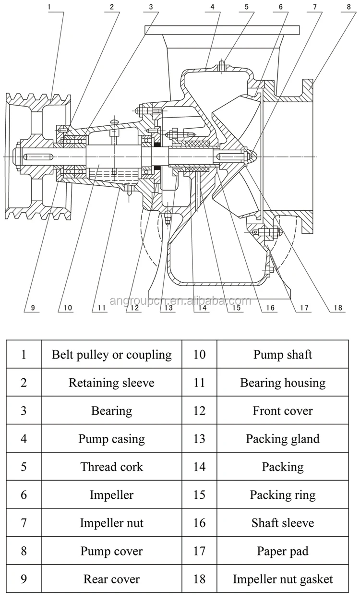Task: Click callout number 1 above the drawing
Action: [49, 7]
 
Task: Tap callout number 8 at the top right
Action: [348, 7]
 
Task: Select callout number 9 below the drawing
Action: [33, 308]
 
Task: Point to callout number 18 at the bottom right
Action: [338, 308]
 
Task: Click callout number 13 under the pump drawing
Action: [168, 308]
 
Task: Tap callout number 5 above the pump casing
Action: [247, 7]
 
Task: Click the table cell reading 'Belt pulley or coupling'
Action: [111, 354]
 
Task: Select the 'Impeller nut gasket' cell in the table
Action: [283, 579]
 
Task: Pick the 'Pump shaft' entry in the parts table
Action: [283, 354]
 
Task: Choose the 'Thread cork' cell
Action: [111, 467]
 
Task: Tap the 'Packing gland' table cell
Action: [283, 439]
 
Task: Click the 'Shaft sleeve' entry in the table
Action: [283, 523]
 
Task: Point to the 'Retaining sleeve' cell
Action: [111, 383]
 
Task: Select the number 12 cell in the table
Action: [199, 410]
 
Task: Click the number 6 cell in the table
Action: [24, 495]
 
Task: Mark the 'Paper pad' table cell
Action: [283, 551]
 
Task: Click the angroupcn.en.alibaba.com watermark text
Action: [180, 301]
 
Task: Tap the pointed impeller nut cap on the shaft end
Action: [251, 156]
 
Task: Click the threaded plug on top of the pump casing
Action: [222, 66]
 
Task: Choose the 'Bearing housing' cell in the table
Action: [283, 383]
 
